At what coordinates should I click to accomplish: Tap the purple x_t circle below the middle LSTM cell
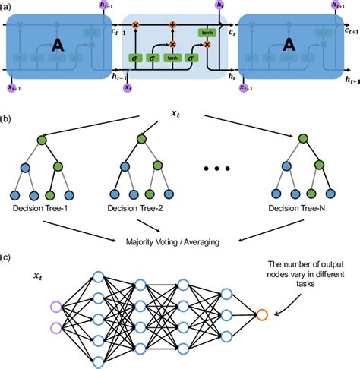pos(127,89)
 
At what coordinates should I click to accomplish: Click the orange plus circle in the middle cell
pos(172,25)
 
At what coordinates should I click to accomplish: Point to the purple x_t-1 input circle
pos(12,89)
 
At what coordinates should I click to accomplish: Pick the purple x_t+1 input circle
pos(245,89)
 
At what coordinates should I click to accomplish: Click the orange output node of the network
pos(262,314)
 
